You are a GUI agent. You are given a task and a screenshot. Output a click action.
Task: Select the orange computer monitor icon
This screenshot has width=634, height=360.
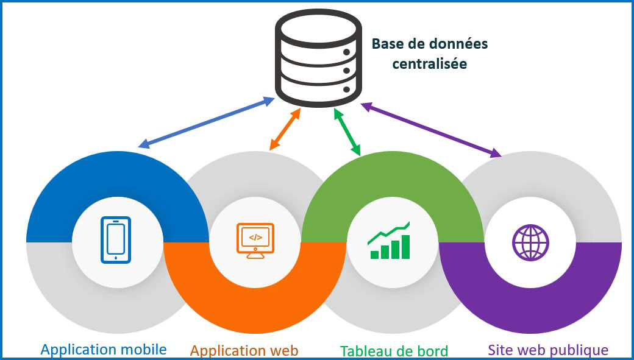pos(255,240)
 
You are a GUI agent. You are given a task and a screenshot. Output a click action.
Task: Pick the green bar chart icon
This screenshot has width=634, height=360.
pos(390,241)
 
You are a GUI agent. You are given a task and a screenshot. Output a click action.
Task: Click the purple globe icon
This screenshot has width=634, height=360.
pos(530,242)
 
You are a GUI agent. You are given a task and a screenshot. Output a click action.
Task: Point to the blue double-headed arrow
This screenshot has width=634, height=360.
pos(207,122)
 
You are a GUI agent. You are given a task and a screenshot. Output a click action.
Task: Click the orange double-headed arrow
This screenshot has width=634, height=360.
pos(285,129)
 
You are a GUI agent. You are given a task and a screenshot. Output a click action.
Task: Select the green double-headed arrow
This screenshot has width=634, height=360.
pos(347,131)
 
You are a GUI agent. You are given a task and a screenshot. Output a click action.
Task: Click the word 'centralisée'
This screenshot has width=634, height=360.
pos(430,63)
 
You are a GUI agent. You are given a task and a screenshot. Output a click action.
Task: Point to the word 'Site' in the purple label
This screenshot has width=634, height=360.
pos(500,350)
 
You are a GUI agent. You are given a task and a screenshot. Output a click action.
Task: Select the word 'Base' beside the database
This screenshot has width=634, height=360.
pos(385,44)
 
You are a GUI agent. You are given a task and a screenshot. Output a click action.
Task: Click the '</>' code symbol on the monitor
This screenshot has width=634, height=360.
pos(255,237)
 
